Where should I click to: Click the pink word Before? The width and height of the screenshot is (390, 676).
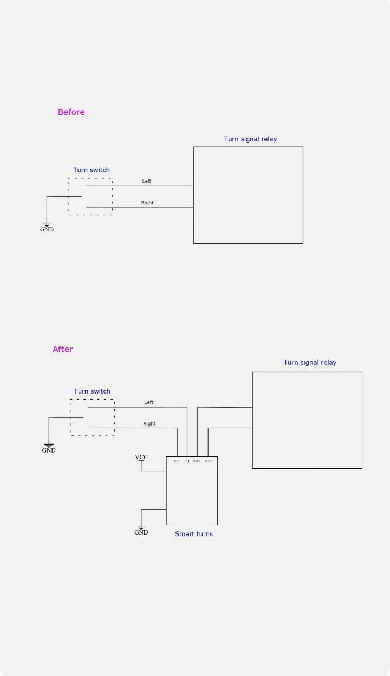pyautogui.click(x=71, y=112)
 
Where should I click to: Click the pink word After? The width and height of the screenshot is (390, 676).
pyautogui.click(x=63, y=350)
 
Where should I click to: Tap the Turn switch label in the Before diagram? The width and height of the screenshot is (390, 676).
pyautogui.click(x=92, y=170)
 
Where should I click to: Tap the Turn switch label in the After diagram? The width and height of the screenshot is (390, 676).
pyautogui.click(x=92, y=391)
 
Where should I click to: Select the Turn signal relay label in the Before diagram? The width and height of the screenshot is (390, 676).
pyautogui.click(x=250, y=139)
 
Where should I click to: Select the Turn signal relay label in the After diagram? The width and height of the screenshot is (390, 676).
pyautogui.click(x=310, y=363)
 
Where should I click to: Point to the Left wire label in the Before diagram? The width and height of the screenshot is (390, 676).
pyautogui.click(x=147, y=182)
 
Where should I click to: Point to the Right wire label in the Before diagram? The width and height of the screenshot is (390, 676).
pyautogui.click(x=147, y=203)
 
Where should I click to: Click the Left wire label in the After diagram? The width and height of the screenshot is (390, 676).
pyautogui.click(x=149, y=403)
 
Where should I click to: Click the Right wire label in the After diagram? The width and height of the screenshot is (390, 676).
pyautogui.click(x=149, y=424)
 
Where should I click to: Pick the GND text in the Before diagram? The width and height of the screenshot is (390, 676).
pyautogui.click(x=47, y=229)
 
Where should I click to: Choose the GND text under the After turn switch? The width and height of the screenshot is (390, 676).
pyautogui.click(x=49, y=450)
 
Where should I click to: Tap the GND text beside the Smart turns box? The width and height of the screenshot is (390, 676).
pyautogui.click(x=141, y=532)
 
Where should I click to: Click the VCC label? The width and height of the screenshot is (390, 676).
pyautogui.click(x=141, y=458)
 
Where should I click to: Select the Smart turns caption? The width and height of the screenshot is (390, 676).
pyautogui.click(x=194, y=535)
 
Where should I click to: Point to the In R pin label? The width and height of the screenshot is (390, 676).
pyautogui.click(x=177, y=461)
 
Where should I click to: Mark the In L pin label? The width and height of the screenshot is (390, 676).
pyautogui.click(x=187, y=461)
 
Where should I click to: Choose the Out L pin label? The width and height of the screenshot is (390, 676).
pyautogui.click(x=197, y=461)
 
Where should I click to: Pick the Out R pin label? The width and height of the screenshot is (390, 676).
pyautogui.click(x=208, y=461)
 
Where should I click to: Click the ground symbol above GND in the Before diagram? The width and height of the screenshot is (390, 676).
pyautogui.click(x=47, y=223)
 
